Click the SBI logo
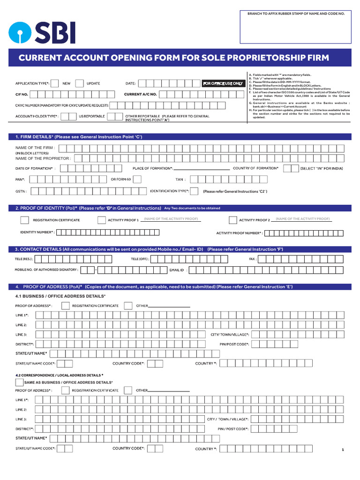click(x=42, y=32)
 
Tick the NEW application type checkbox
click(x=54, y=83)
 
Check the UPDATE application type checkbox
click(x=80, y=83)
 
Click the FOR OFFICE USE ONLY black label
click(x=223, y=83)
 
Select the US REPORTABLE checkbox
click(x=71, y=116)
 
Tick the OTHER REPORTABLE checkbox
click(x=112, y=116)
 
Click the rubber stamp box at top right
click(x=296, y=28)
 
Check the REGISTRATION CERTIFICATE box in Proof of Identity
click(x=24, y=220)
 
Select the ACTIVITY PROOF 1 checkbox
click(x=102, y=220)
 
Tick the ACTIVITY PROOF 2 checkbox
click(x=232, y=220)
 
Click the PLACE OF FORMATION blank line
click(x=202, y=169)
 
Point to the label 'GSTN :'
click(x=21, y=191)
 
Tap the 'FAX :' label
click(x=252, y=259)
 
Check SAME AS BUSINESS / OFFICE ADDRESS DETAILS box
click(x=19, y=382)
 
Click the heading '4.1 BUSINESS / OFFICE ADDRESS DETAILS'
click(x=60, y=296)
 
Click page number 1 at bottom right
click(x=343, y=450)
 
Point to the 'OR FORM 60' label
click(x=121, y=179)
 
